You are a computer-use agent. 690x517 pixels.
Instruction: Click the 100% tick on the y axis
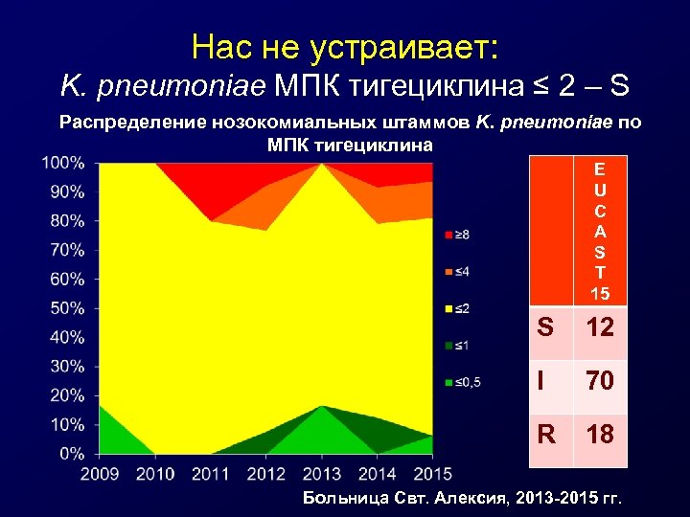point(63,163)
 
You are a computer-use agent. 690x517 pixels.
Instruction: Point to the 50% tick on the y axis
point(66,308)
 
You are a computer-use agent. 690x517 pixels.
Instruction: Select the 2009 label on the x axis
point(100,472)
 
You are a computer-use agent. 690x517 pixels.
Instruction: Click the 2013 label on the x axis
point(322,472)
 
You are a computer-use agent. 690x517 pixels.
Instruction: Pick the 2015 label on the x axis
point(432,472)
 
